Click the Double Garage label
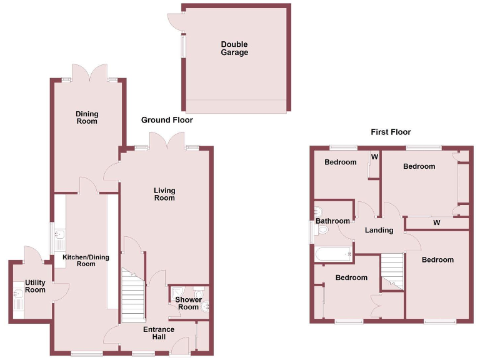(234, 48)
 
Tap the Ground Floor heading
(167, 120)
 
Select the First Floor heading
(391, 132)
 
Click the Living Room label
(164, 194)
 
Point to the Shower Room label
(188, 303)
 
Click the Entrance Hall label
(159, 333)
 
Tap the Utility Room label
(35, 286)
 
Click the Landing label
(379, 230)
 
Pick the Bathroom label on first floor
(332, 221)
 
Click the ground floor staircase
(133, 297)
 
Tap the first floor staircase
(392, 270)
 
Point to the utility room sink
(17, 294)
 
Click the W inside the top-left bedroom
(375, 156)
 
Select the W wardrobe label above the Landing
(436, 222)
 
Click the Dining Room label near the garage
(87, 117)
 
